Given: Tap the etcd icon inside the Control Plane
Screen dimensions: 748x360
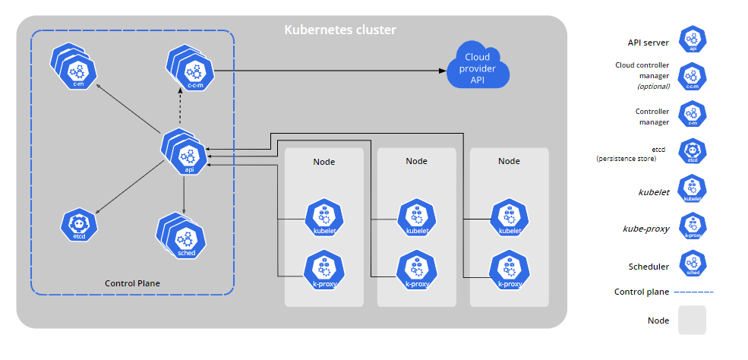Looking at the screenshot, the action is point(79,225).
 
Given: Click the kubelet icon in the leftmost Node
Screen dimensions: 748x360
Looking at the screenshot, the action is point(324,219).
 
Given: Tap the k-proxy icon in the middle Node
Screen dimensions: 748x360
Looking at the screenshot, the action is point(417,271).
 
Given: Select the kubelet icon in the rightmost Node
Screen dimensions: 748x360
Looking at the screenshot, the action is point(510,219).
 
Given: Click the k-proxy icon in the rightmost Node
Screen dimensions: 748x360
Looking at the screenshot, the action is point(510,271).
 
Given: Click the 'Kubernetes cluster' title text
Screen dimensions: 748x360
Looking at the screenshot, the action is point(340,30).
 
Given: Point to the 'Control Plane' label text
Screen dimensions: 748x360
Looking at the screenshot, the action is point(132,283).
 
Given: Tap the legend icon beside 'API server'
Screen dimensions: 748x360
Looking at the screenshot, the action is point(693,39).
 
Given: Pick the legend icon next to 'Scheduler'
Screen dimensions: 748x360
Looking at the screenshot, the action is point(693,264).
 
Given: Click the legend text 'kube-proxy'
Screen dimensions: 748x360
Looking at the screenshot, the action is point(646,229).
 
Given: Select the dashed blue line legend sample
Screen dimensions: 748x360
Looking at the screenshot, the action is point(693,292).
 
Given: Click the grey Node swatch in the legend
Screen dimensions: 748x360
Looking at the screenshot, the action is point(692,320).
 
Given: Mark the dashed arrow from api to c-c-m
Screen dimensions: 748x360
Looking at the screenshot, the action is point(180,109).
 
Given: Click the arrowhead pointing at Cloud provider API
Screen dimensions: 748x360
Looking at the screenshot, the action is point(443,71).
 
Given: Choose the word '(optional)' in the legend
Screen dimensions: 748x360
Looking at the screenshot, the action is point(654,87).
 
